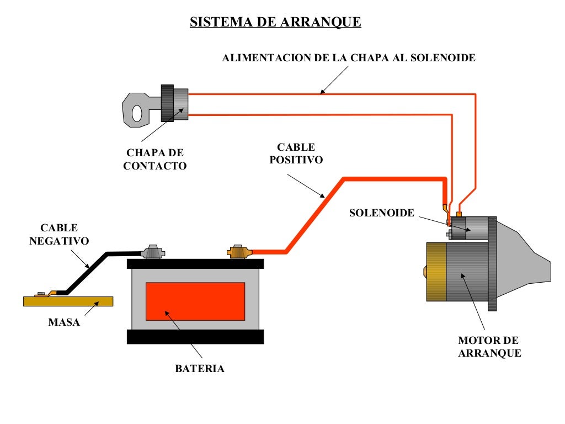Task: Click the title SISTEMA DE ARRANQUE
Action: click(275, 22)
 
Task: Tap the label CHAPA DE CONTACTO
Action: click(155, 159)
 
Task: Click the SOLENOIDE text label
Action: click(381, 213)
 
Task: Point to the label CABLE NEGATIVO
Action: click(59, 234)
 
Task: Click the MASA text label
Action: click(64, 322)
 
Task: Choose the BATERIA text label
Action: click(200, 369)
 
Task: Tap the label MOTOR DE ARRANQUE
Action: click(489, 347)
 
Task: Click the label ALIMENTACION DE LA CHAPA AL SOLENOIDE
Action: click(348, 58)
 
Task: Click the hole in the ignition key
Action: click(136, 114)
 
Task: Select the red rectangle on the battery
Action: click(195, 301)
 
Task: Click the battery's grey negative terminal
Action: click(153, 252)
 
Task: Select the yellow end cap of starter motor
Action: click(436, 272)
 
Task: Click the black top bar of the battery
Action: click(195, 263)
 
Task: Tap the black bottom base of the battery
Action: click(195, 337)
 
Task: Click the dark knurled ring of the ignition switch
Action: click(167, 103)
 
